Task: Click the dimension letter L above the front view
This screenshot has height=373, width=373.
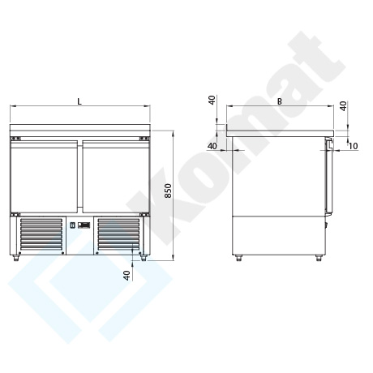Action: point(79,101)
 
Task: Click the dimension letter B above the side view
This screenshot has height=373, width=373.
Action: point(280,101)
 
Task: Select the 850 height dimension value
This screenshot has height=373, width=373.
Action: point(168,191)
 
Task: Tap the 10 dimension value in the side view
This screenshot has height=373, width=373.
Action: point(354,146)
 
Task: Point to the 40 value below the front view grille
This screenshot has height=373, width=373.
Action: point(126,275)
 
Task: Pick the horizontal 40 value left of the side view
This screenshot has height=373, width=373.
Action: point(212,146)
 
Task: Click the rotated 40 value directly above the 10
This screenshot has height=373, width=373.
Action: point(343,106)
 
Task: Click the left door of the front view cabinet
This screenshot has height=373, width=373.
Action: point(44,177)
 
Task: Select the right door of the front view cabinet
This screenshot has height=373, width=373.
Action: point(116,177)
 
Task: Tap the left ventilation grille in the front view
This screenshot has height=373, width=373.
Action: point(41,234)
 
